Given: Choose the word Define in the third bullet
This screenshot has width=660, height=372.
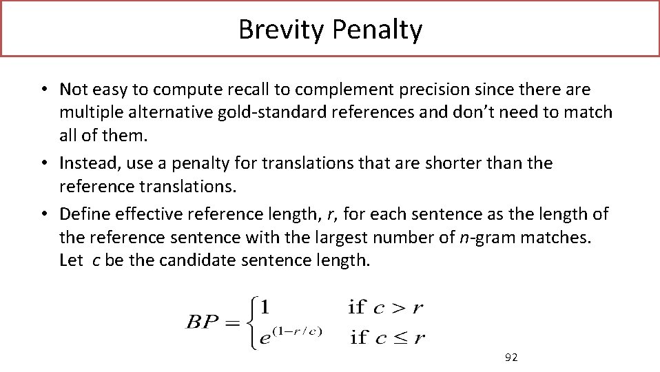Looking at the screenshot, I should tap(83, 214).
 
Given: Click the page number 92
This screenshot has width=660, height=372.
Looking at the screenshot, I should tap(511, 357).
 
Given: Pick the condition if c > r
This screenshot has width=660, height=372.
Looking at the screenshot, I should tap(386, 307).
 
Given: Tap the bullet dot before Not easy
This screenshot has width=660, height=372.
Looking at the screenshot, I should tap(43, 90).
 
